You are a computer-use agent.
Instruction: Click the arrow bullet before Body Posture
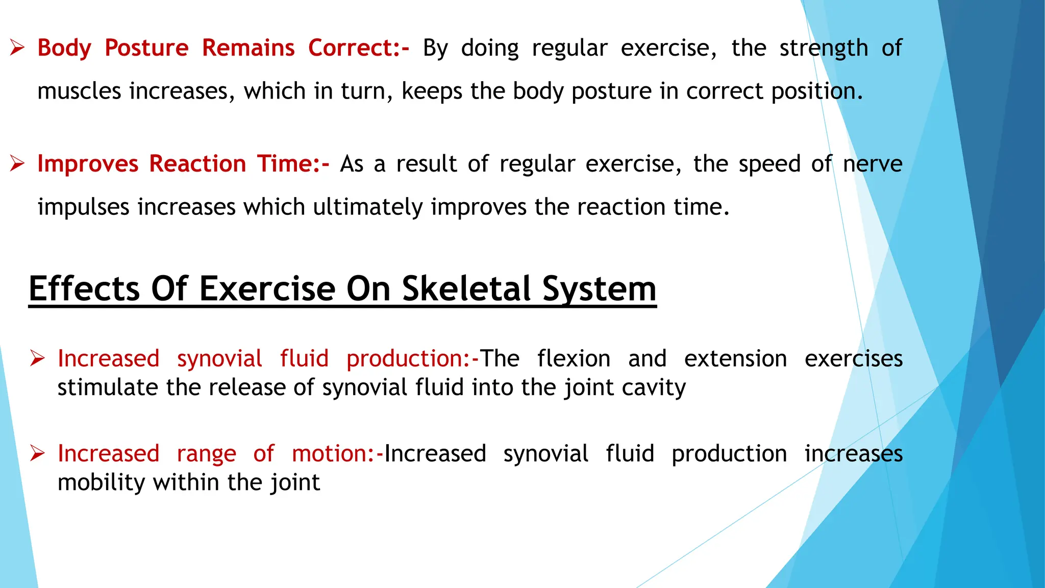[x=17, y=48]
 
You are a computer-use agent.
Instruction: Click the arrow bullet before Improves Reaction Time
[x=17, y=164]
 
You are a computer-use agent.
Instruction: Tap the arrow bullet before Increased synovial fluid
[x=37, y=358]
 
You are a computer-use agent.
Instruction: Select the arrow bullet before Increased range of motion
[x=37, y=453]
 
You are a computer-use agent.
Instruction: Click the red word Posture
[x=146, y=48]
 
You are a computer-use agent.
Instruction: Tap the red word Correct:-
[x=359, y=48]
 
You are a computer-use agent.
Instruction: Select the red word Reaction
[x=197, y=164]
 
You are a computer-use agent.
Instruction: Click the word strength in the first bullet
[x=824, y=48]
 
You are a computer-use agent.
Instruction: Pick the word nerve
[x=873, y=164]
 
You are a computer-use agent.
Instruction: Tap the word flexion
[x=574, y=358]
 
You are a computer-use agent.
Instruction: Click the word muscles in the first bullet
[x=79, y=91]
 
